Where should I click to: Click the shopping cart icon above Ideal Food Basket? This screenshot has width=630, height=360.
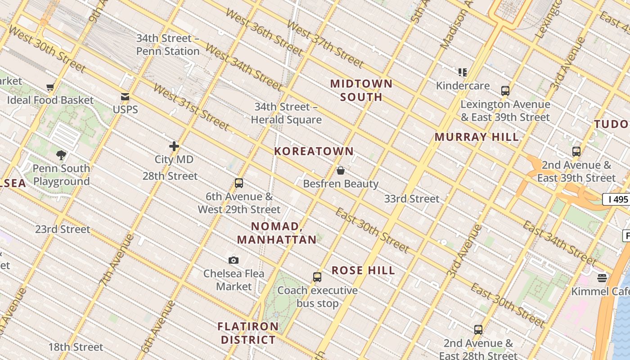[x=50, y=87]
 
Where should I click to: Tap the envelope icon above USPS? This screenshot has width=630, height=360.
[x=125, y=96]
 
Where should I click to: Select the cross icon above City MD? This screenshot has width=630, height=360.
[x=174, y=146]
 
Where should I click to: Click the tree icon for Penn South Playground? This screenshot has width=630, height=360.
[x=61, y=155]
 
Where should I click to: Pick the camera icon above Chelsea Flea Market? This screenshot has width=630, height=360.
[x=233, y=260]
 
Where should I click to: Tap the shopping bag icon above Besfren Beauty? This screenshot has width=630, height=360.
[x=341, y=171]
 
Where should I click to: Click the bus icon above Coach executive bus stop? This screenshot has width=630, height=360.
[x=317, y=277]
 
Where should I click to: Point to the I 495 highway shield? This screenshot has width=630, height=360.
[x=616, y=199]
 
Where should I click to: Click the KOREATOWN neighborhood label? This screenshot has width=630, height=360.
[x=314, y=151]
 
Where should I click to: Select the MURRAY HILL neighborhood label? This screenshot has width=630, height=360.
[x=477, y=137]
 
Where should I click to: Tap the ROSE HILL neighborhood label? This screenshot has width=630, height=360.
[x=363, y=270]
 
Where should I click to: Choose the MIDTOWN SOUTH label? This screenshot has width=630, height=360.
[x=361, y=90]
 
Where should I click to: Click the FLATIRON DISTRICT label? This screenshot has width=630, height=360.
[x=248, y=333]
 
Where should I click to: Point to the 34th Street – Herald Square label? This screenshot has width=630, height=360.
[x=286, y=113]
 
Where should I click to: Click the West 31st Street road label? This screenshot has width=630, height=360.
[x=192, y=107]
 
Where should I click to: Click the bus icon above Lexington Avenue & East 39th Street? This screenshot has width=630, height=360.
[x=505, y=91]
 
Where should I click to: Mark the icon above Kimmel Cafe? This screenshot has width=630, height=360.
[x=602, y=278]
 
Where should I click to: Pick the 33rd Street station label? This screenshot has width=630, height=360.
[x=412, y=198]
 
